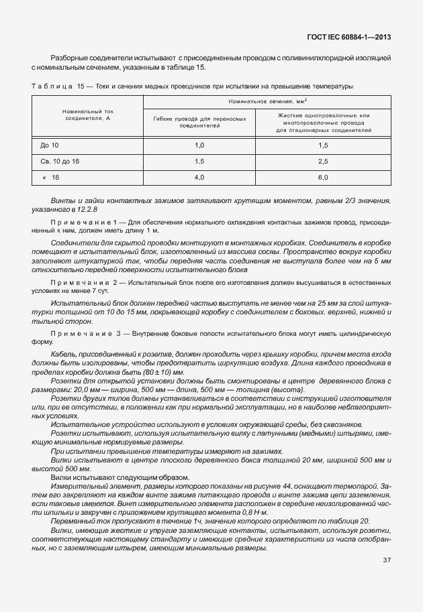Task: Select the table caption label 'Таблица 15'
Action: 55,86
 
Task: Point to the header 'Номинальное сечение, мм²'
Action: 267,101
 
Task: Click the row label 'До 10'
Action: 50,145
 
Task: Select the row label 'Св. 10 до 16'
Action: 60,161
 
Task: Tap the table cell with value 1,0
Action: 199,145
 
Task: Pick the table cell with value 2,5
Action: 323,161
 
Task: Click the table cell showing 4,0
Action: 199,177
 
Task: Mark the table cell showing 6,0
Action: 323,177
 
